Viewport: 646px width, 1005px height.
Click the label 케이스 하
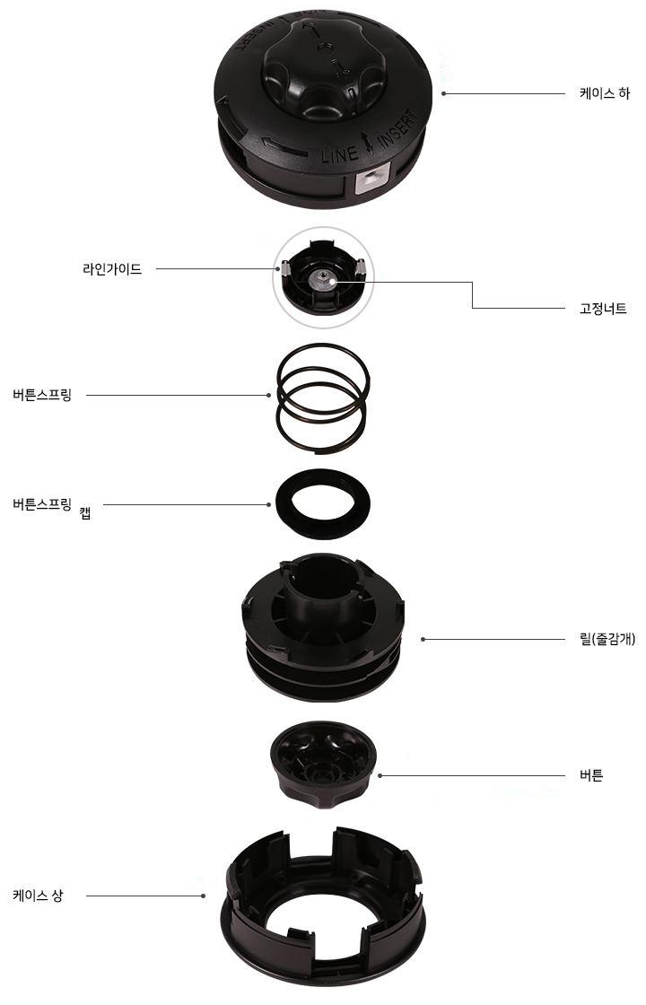(x=605, y=93)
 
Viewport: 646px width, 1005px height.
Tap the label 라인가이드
(x=112, y=269)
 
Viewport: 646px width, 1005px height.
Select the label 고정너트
(x=603, y=309)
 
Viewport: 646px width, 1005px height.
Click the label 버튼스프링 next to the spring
(x=42, y=395)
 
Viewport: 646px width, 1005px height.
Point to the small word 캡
(x=85, y=512)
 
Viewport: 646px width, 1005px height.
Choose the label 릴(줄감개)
(x=607, y=639)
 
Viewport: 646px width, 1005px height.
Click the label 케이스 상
(x=38, y=896)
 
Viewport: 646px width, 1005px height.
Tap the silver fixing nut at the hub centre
(x=322, y=279)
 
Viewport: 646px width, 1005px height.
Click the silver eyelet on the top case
(x=372, y=180)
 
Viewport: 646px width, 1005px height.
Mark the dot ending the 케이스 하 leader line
(x=443, y=93)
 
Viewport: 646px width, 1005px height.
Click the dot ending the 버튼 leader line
(x=380, y=775)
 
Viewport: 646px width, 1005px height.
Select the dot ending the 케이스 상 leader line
(x=203, y=896)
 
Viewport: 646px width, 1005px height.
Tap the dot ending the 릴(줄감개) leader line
(x=423, y=639)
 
